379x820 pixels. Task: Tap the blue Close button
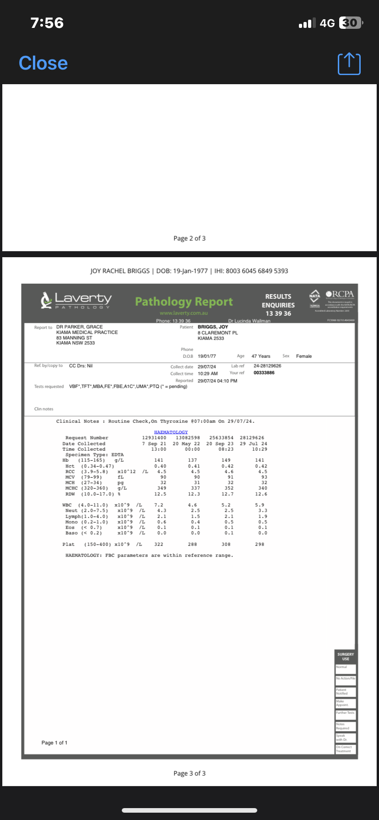(x=43, y=63)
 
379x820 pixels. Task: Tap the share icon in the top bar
(x=349, y=64)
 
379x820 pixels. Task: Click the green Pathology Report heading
(x=184, y=302)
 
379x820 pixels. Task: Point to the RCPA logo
(x=340, y=294)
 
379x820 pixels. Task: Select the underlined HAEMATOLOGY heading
(x=171, y=432)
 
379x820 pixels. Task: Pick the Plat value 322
(x=158, y=545)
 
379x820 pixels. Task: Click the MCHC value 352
(x=229, y=488)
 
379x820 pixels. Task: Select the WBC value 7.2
(x=158, y=505)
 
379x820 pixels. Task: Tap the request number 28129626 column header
(x=252, y=438)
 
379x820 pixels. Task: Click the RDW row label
(x=70, y=494)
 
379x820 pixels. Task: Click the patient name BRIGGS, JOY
(x=213, y=327)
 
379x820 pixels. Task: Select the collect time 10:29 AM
(x=208, y=374)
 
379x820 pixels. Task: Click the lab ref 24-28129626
(x=267, y=366)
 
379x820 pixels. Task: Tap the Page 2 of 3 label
(x=189, y=238)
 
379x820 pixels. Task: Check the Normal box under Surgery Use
(x=346, y=669)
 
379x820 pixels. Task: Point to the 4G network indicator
(x=327, y=23)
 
